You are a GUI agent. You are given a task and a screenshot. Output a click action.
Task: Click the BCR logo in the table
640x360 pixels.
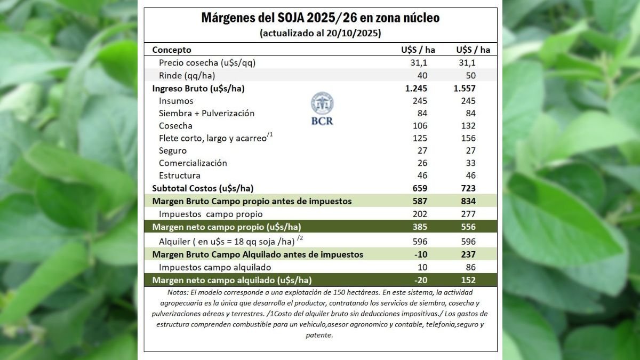pyautogui.click(x=322, y=108)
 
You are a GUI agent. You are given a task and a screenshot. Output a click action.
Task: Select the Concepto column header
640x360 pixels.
pyautogui.click(x=172, y=50)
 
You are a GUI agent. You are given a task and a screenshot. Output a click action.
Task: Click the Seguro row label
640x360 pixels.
pyautogui.click(x=173, y=150)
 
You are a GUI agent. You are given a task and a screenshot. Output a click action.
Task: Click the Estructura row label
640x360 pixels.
pyautogui.click(x=180, y=175)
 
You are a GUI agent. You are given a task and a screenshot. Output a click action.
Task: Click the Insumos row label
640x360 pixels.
pyautogui.click(x=176, y=101)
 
